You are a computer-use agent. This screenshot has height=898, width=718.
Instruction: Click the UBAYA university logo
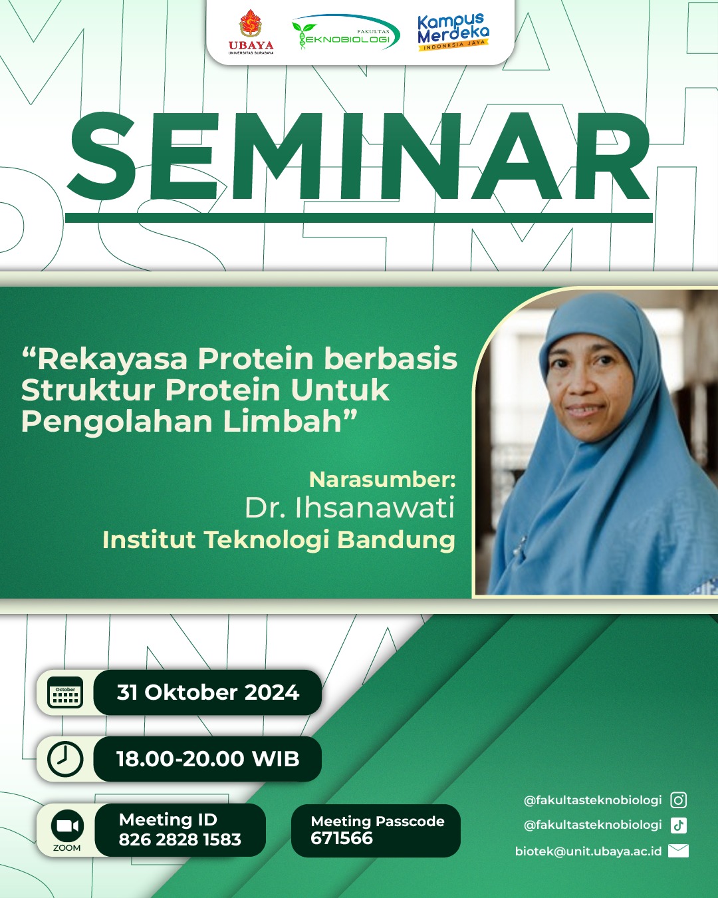[251, 32]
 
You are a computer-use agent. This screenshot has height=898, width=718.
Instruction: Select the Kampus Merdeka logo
[453, 32]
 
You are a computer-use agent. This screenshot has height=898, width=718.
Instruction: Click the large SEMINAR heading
[359, 156]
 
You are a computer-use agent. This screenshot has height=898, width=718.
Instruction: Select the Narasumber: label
[382, 480]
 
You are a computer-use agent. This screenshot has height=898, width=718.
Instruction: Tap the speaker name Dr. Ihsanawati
[350, 508]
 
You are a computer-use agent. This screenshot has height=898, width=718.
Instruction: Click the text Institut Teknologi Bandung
[279, 540]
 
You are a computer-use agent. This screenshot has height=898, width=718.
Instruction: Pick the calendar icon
[65, 692]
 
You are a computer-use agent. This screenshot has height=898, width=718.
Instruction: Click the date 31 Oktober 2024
[208, 692]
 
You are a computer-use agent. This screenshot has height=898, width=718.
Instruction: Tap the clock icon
[65, 758]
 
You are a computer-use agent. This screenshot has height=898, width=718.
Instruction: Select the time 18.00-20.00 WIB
[208, 758]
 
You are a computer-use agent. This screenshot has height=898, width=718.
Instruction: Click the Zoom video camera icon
[67, 825]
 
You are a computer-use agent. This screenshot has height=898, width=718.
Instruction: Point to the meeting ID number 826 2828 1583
[179, 839]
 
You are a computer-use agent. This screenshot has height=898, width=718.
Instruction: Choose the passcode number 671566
[342, 838]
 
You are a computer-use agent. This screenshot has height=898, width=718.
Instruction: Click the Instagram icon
[678, 800]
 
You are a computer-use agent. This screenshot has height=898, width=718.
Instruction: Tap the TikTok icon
[678, 825]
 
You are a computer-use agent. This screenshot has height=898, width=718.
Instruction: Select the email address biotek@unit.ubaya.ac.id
[588, 851]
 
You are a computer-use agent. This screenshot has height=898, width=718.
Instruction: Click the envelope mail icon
[678, 851]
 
